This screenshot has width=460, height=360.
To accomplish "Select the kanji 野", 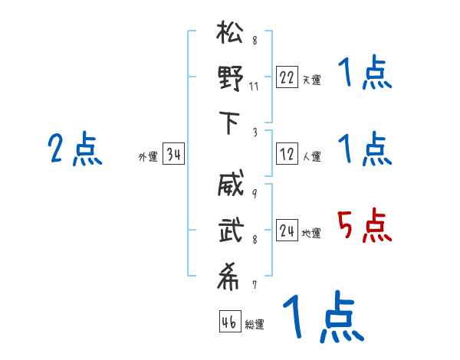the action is pyautogui.click(x=230, y=80).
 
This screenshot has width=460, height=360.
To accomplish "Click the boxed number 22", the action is pyautogui.click(x=287, y=77).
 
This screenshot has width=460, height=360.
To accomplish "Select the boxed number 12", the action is pyautogui.click(x=287, y=154).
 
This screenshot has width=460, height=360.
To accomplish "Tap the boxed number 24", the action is pyautogui.click(x=287, y=231).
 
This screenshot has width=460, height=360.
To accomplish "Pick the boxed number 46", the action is pyautogui.click(x=228, y=322).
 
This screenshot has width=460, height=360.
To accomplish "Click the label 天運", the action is pyautogui.click(x=311, y=80).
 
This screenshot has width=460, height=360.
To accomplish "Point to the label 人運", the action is pyautogui.click(x=311, y=156).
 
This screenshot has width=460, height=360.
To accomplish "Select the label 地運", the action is pyautogui.click(x=311, y=233).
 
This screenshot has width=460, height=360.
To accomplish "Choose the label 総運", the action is pyautogui.click(x=255, y=324).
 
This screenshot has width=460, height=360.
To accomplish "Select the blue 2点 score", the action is pyautogui.click(x=76, y=149).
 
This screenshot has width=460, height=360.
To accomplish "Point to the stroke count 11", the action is pyautogui.click(x=254, y=85).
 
